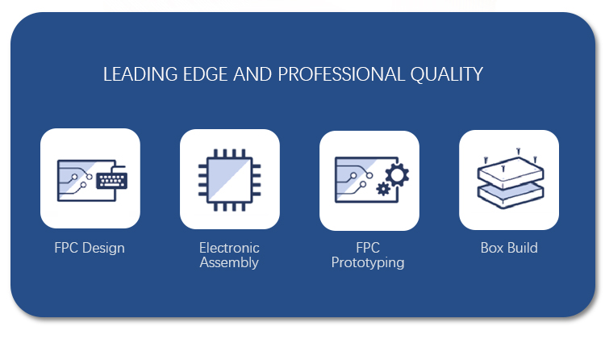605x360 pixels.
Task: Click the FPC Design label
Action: coord(90,248)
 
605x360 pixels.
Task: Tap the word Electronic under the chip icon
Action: coord(229,248)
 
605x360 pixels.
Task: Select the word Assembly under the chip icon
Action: coord(229,262)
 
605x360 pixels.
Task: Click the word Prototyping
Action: coord(368,262)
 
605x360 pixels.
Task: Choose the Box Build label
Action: coord(509,248)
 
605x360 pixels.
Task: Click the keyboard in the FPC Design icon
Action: coord(111,179)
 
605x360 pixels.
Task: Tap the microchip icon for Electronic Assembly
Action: coord(229,179)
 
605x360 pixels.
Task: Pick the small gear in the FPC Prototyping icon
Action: coord(383,190)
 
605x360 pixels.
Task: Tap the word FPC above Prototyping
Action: coord(368,248)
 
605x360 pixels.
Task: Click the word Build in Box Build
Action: coord(523,248)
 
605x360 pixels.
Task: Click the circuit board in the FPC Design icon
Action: coord(77,180)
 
